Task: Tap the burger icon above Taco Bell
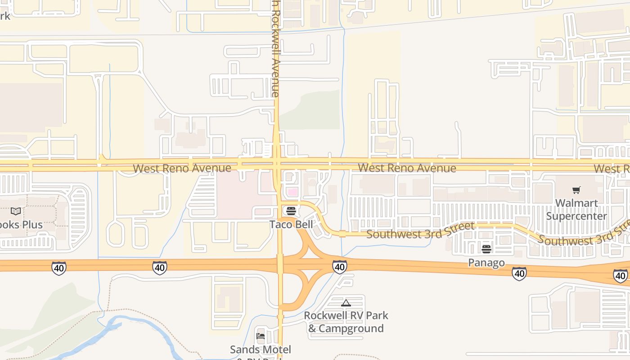point(291,211)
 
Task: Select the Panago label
point(486,262)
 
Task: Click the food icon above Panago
point(486,249)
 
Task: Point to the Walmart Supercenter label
point(576,210)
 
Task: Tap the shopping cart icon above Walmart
point(576,190)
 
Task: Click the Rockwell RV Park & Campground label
point(346,322)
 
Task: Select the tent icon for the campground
point(346,303)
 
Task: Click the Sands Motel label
point(260,350)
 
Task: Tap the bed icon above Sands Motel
point(260,336)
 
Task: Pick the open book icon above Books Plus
point(16,211)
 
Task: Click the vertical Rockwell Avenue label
point(275,49)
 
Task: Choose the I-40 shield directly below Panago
point(519,273)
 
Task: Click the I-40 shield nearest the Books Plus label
point(58,268)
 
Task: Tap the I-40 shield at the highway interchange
point(340,267)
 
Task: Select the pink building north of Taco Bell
point(292,192)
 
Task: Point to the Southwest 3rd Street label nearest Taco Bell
point(420,230)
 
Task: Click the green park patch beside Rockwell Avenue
point(310,110)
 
